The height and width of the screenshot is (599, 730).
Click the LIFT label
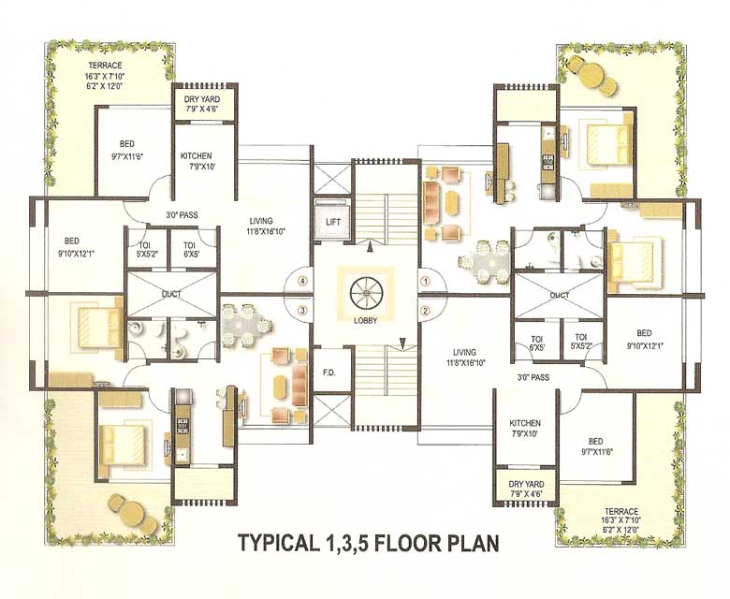(333, 222)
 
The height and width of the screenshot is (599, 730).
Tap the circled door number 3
(303, 310)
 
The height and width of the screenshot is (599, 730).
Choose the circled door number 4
(303, 279)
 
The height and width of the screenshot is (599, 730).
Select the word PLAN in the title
(474, 542)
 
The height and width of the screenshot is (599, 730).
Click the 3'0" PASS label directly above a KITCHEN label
(532, 378)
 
